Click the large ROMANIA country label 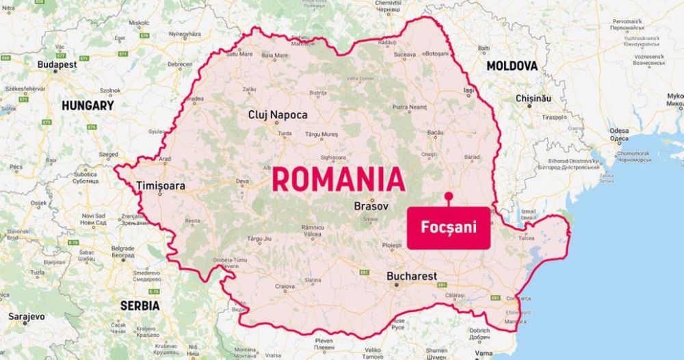339,179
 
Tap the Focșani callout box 449,227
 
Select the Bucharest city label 411,277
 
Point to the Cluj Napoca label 278,115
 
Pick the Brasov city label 371,206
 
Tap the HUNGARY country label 88,106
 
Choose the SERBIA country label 140,306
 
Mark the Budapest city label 57,64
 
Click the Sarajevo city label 27,317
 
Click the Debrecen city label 180,64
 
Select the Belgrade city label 123,248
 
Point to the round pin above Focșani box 448,196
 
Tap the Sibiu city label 370,219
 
